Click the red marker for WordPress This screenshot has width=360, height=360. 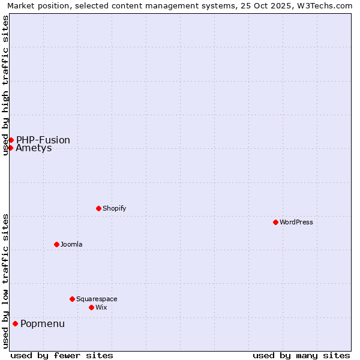coord(275,222)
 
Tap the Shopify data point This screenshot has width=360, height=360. coord(98,208)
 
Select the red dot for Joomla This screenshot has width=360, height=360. coord(56,244)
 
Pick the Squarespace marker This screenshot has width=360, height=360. coord(72,299)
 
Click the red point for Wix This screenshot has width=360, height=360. coord(91,307)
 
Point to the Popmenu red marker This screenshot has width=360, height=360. coord(15,324)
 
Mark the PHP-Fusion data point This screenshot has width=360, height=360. coord(11,140)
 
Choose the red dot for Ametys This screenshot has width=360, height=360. coord(10,148)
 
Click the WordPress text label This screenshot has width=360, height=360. coord(296,222)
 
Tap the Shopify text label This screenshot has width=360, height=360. coord(114,208)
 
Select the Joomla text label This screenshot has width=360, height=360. coord(71,244)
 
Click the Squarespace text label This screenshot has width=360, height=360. coord(97,299)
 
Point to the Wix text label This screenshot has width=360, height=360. coord(101,307)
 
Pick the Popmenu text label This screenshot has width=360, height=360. coord(43,324)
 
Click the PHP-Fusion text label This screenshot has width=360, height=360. coord(43,140)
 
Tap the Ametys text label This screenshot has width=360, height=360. coord(34,148)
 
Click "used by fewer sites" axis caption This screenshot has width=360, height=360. coord(62,355)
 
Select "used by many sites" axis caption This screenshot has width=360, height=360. coord(301,355)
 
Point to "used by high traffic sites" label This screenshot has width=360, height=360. coord(5,85)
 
